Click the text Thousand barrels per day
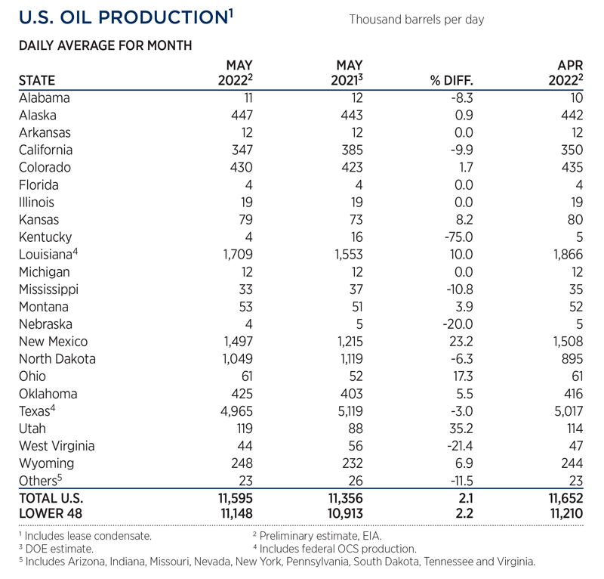[416, 19]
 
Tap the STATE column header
[37, 80]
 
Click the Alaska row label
[38, 115]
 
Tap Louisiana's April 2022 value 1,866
[566, 254]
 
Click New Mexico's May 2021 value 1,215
[346, 341]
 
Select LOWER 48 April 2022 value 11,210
[563, 515]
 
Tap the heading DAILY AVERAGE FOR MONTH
[105, 46]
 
